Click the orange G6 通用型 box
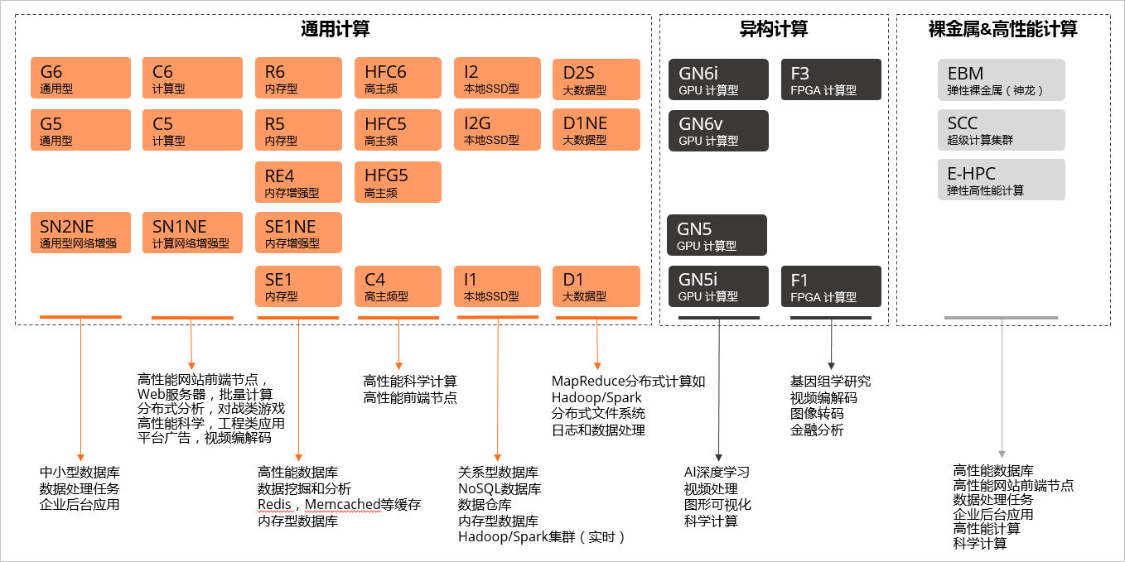point(80,78)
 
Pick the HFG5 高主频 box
point(398,182)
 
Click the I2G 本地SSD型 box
point(497,130)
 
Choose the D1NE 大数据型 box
point(596,130)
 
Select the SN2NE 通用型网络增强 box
point(80,233)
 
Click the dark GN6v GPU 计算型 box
point(718,131)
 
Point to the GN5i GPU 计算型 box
point(718,286)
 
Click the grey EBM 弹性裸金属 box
point(1001,80)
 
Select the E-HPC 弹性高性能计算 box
point(1001,180)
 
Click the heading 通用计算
point(335,30)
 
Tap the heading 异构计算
point(773,30)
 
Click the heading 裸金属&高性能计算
point(1002,30)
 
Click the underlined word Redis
point(274,505)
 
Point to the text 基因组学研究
point(830,382)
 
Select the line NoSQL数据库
point(500,488)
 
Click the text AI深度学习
point(717,472)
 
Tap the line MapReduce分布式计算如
point(629,381)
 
